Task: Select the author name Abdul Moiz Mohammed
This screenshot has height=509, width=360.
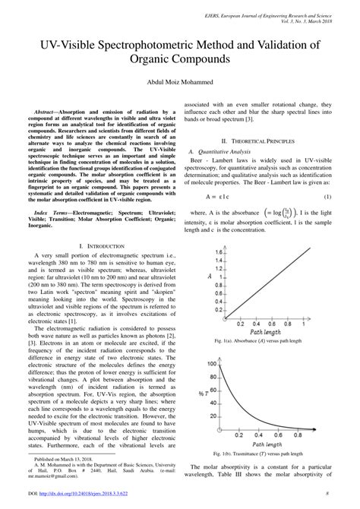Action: click(179, 81)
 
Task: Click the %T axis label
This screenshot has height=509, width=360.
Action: click(201, 393)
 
